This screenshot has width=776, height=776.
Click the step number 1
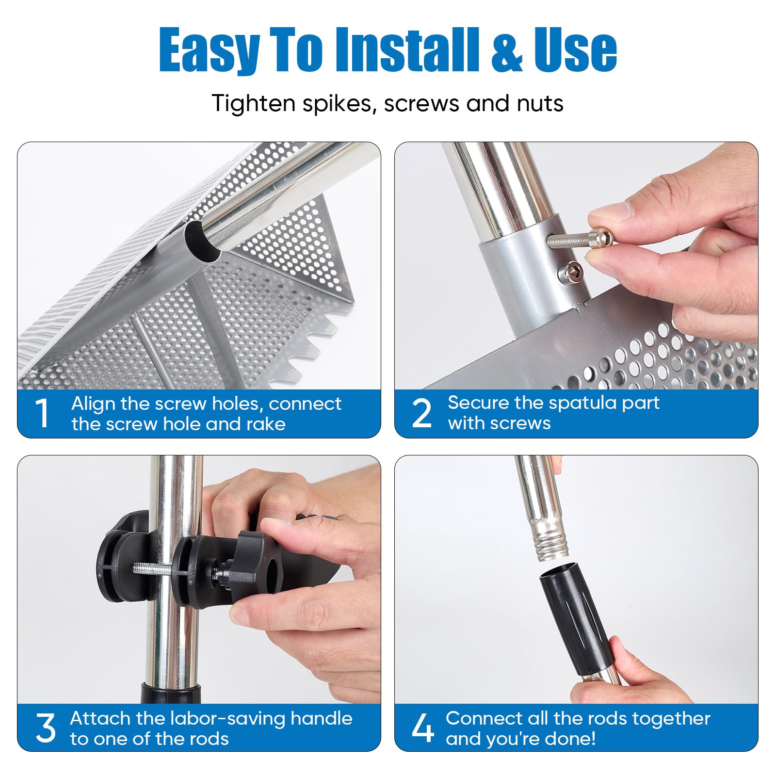point(43,413)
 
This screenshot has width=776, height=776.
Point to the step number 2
point(421,413)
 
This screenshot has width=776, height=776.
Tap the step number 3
point(46,728)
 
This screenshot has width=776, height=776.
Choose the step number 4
point(422,728)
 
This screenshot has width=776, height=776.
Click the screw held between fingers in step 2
point(579,239)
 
